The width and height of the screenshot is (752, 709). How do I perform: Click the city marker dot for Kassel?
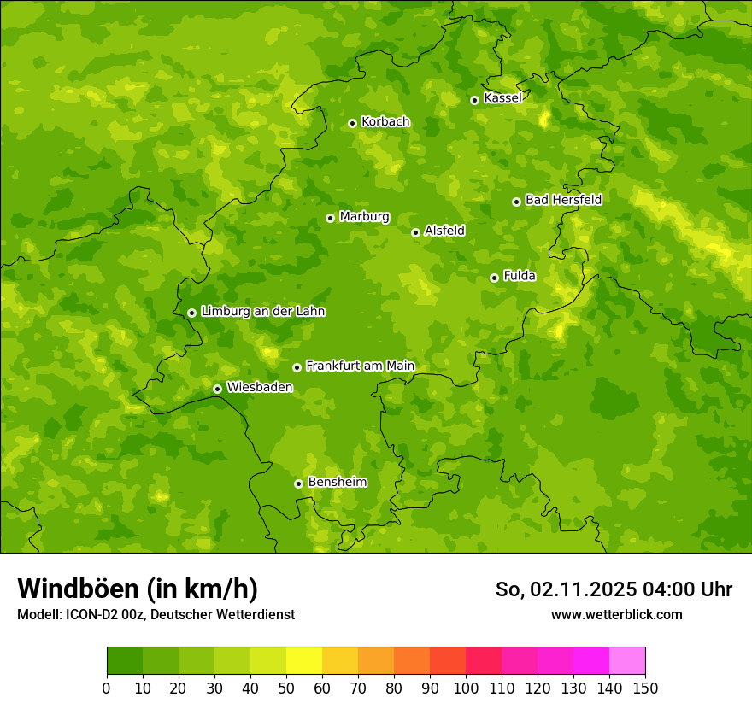pos(474,100)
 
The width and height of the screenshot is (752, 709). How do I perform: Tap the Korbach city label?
pos(385,122)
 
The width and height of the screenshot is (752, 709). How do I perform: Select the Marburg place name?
pos(364,217)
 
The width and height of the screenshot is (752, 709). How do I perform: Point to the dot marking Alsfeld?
pos(415,232)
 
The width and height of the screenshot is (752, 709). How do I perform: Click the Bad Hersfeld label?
pos(563,200)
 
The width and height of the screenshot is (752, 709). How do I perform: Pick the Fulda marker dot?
pos(494,278)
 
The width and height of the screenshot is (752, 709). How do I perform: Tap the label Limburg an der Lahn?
pos(262,312)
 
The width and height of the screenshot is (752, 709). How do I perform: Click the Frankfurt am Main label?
pos(360,366)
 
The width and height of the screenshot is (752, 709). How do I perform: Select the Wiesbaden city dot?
pos(217,389)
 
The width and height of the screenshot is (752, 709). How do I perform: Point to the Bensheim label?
pos(337,483)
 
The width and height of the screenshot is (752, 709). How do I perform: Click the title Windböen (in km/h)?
pos(138,589)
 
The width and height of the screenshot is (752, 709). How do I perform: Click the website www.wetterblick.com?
pos(616,615)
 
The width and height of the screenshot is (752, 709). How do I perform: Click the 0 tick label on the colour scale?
pos(107,688)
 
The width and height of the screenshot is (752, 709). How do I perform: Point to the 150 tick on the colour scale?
pos(645,688)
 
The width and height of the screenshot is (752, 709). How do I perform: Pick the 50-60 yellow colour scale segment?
pos(304,661)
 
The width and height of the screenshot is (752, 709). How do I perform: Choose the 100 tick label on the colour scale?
pos(466,688)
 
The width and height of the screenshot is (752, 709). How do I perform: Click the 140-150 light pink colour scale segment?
pos(627,661)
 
